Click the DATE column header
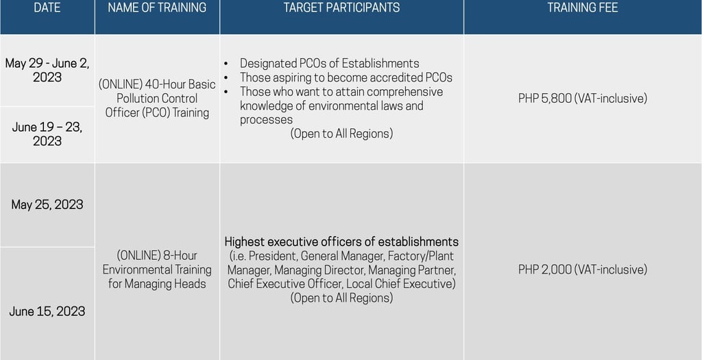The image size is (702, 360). pos(47,8)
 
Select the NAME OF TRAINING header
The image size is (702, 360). pos(157,8)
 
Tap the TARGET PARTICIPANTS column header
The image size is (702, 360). pos(341,8)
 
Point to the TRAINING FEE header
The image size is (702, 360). pos(582,8)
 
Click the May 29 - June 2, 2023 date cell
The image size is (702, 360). pos(47,70)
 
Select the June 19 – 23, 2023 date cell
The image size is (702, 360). pos(47,134)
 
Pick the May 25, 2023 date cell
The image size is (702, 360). pos(47,204)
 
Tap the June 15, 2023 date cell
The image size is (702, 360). pos(47,311)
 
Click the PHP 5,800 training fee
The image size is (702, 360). pos(582,98)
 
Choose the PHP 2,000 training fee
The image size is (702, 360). pos(582,269)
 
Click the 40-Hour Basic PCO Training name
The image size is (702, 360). pos(157,98)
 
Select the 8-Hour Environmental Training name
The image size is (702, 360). pos(157,269)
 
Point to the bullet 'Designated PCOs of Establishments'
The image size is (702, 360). pos(329,63)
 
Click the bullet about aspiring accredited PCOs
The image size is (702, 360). pos(346,77)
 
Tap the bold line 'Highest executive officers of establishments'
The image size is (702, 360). pos(341,241)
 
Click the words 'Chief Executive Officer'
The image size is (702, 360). pos(285,284)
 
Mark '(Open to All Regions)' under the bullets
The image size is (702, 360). pos(341,134)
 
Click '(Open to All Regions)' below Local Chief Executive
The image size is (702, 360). pos(341,298)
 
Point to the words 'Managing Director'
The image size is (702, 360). pos(319,270)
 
